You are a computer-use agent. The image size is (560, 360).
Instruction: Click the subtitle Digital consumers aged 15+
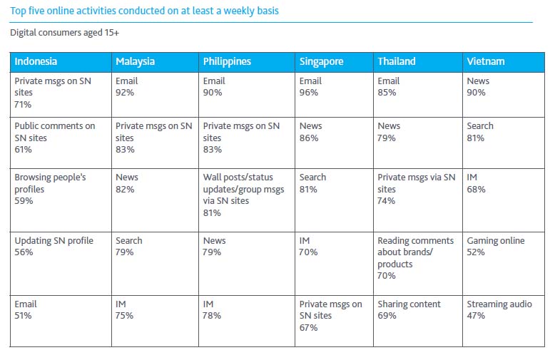[63, 33]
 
